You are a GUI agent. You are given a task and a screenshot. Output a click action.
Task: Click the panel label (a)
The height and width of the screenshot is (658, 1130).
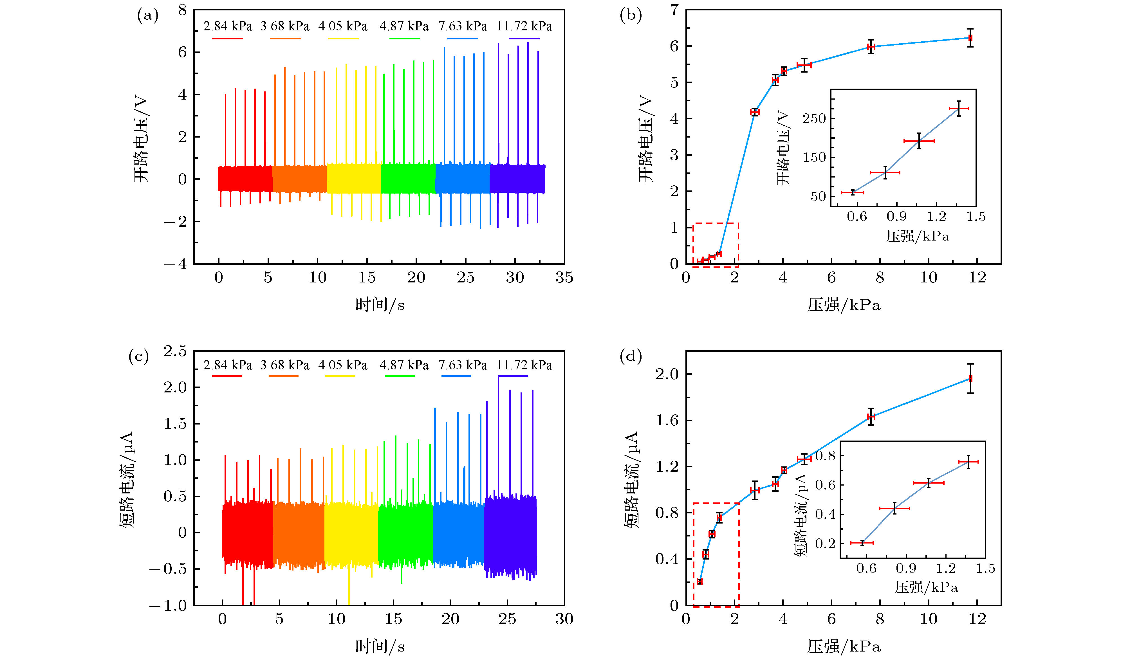click(147, 16)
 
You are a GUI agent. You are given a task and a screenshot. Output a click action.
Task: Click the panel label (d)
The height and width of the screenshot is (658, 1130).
click(631, 356)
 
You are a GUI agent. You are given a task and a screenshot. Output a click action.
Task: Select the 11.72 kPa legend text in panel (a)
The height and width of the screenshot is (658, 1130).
click(524, 26)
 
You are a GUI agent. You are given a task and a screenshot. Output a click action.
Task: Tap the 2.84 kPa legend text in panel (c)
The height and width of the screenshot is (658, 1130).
click(228, 365)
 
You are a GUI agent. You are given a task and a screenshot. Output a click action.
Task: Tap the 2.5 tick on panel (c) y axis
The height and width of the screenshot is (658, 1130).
click(175, 351)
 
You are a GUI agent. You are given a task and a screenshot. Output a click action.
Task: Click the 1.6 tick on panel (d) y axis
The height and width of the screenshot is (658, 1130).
click(667, 421)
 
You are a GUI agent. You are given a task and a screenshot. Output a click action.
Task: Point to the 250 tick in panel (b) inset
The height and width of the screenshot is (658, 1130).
click(814, 119)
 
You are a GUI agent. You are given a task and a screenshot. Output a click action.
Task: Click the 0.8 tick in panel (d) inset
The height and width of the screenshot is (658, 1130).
click(825, 456)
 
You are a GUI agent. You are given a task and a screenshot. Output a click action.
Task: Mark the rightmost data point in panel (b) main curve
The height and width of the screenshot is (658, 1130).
click(970, 38)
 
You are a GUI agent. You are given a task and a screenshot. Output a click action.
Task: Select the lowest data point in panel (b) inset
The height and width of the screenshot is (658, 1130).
click(853, 192)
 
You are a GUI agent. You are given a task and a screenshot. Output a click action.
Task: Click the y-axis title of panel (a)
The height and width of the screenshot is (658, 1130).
click(141, 139)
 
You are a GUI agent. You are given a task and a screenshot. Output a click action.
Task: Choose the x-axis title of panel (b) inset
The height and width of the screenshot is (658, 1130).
click(918, 236)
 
